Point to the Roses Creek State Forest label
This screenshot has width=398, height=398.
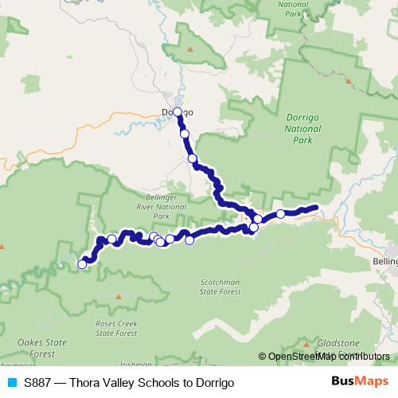pos(115,329)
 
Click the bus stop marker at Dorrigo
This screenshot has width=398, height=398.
pos(178,112)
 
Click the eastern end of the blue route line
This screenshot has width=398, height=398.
pos(316,209)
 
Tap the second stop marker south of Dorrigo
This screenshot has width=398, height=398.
pos(192,159)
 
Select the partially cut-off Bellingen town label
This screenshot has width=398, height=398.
pos(385,260)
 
